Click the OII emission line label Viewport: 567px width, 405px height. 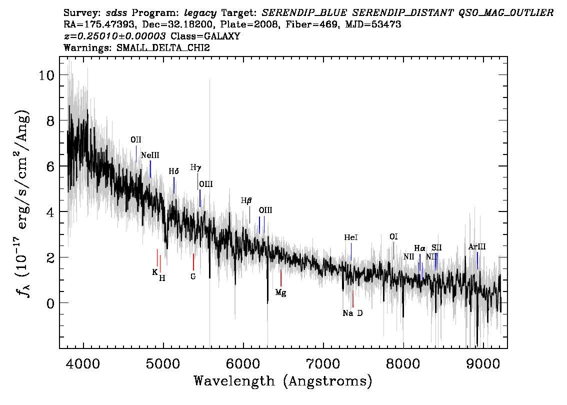coord(136,140)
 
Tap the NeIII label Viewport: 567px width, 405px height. coord(150,155)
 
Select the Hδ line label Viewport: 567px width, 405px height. coord(174,171)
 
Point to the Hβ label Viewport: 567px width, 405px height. coord(246,200)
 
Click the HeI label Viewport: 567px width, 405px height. coord(351,237)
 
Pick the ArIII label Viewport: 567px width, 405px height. coord(477,247)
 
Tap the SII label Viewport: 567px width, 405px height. coord(436,248)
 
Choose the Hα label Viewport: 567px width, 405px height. coord(420,249)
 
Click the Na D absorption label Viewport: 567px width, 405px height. coord(352,313)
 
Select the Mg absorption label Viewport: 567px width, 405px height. coord(280,292)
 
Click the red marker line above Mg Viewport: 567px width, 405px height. coord(280,277)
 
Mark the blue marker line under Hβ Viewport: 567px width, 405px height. coord(249,215)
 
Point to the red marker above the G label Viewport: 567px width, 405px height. coord(193,262)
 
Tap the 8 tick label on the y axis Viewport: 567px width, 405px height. coord(50,120)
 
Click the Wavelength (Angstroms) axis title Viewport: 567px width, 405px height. coord(283,381)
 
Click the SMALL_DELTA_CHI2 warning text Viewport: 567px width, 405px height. coord(163,48)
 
